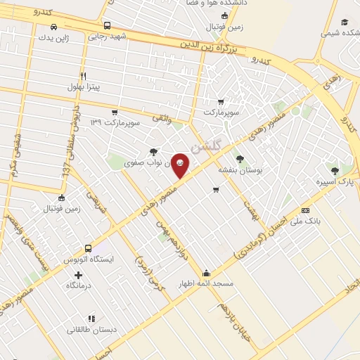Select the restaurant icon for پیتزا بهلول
(83, 76)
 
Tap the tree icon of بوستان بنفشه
(240, 159)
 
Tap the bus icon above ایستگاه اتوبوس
(88, 248)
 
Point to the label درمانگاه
(80, 285)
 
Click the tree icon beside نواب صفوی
(153, 151)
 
